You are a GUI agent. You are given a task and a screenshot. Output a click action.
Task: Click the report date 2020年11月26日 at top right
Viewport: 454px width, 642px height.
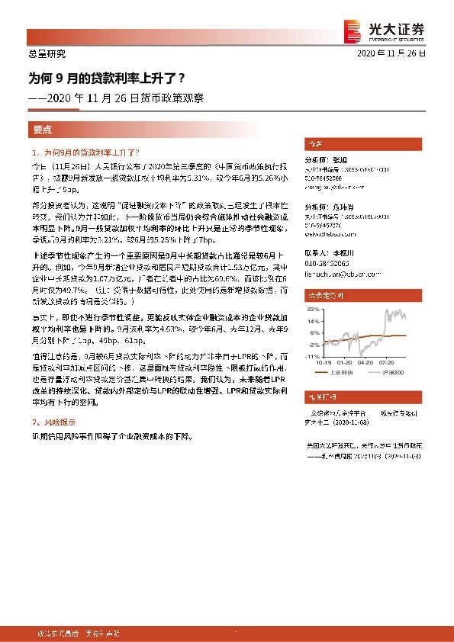point(391,54)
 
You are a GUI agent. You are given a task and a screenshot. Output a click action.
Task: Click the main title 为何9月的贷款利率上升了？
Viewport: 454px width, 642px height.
point(106,77)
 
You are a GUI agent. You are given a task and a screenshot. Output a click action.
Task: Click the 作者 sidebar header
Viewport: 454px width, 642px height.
point(314,143)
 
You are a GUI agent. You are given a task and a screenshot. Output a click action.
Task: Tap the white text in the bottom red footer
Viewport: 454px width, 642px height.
point(69,634)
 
